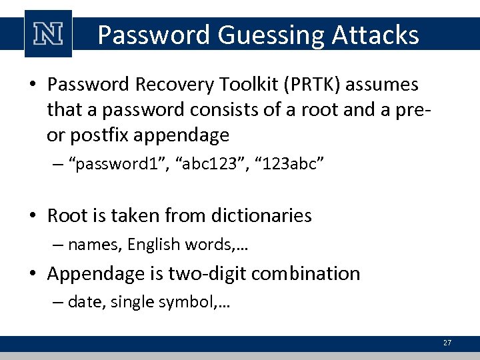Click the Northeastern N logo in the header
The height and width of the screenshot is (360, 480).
48,34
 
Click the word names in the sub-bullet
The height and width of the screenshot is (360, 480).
93,245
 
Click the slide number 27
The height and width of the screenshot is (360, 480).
447,343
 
